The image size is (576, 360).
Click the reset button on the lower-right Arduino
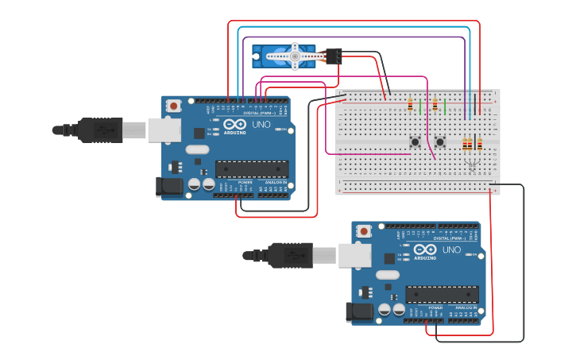364,230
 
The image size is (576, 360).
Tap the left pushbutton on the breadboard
415,142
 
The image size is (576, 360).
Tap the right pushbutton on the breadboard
440,142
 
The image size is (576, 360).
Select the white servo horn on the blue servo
293,56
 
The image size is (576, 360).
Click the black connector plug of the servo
334,56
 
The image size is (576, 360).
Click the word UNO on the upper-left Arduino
261,125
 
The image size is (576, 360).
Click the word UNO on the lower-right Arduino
451,250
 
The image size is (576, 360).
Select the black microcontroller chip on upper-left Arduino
252,168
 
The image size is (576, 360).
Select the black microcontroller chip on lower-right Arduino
442,293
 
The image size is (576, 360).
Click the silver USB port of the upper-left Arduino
164,130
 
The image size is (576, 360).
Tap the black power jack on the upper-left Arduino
168,188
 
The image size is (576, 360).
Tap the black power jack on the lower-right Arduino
359,312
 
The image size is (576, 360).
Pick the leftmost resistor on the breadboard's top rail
410,104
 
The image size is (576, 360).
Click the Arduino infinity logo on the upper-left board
235,125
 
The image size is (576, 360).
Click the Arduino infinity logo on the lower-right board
425,250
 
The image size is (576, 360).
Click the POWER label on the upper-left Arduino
245,182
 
